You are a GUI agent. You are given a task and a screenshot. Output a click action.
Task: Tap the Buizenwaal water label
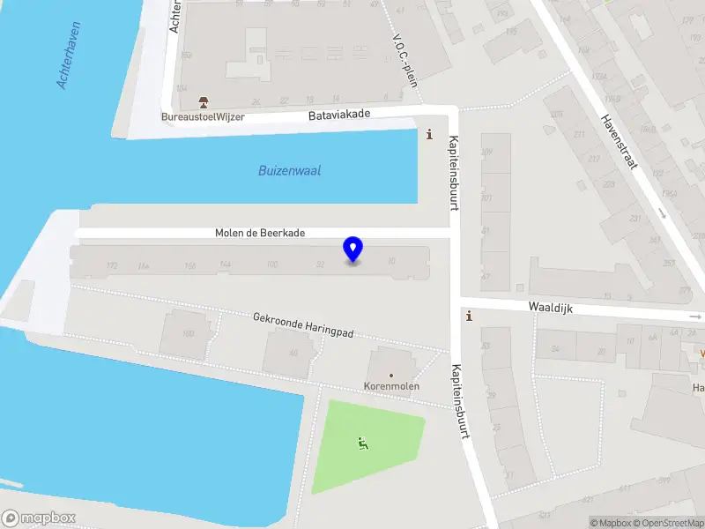289,171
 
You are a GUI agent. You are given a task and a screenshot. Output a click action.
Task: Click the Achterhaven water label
74,56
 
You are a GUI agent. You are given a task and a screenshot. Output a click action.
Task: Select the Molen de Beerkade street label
260,233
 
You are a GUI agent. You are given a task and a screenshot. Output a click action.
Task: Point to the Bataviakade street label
339,115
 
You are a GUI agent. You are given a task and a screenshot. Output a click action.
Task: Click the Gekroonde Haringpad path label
303,324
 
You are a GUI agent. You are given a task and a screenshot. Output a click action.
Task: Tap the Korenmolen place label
392,386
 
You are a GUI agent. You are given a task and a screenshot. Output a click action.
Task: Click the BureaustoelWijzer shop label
203,116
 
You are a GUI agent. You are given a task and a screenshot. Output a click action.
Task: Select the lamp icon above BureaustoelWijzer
204,102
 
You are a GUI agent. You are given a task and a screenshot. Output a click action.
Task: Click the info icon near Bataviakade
430,134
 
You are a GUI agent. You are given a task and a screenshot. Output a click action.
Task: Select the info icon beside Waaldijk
469,316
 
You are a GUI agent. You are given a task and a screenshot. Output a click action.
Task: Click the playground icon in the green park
362,443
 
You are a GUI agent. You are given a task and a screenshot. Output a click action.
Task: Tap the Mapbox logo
38,518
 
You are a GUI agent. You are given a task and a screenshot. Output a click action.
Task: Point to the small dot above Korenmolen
392,375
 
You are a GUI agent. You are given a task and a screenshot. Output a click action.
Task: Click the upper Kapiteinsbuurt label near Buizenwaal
455,173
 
